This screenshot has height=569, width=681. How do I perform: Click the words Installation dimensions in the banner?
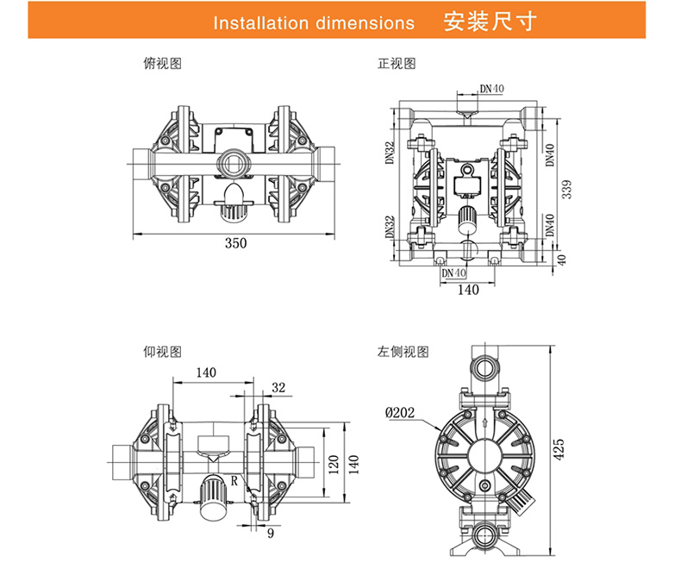pyautogui.click(x=314, y=22)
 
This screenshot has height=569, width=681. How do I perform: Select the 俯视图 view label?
pyautogui.click(x=162, y=63)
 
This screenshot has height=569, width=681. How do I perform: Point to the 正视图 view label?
pyautogui.click(x=397, y=63)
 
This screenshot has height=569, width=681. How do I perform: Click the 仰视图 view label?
pyautogui.click(x=162, y=351)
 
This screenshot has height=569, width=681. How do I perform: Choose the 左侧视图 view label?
pyautogui.click(x=403, y=351)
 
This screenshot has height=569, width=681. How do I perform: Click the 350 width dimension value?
pyautogui.click(x=235, y=243)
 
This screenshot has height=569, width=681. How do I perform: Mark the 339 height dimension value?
pyautogui.click(x=566, y=189)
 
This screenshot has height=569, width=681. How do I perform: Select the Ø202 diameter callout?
pyautogui.click(x=400, y=412)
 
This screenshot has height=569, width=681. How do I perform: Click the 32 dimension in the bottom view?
pyautogui.click(x=278, y=388)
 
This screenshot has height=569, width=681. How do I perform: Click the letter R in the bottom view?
pyautogui.click(x=234, y=479)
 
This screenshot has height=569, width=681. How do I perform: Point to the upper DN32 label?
pyautogui.click(x=390, y=153)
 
